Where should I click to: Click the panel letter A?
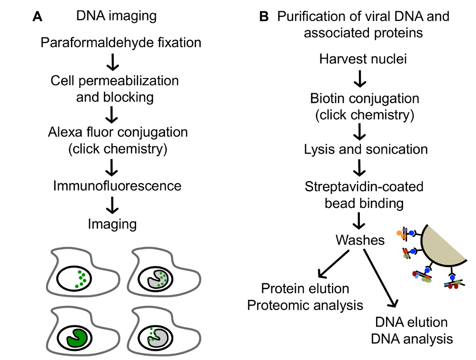[38, 17]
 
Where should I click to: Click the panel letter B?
[264, 17]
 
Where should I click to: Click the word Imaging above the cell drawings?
[112, 224]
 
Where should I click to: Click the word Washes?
[360, 240]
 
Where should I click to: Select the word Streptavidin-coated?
[364, 186]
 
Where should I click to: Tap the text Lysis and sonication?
[366, 149]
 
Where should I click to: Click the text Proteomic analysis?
[305, 305]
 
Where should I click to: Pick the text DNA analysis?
[411, 339]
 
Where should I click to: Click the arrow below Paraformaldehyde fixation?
[113, 61]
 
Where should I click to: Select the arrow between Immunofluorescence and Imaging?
[113, 205]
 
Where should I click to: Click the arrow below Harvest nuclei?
[360, 78]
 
